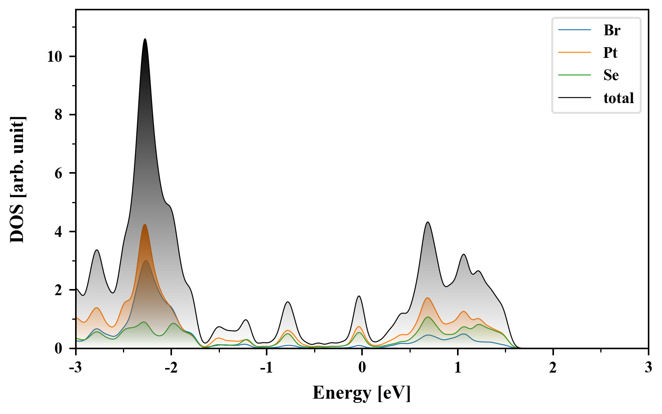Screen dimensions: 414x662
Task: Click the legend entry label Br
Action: pyautogui.click(x=611, y=30)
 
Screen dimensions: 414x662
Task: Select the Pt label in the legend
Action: pyautogui.click(x=610, y=53)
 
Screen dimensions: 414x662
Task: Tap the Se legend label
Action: pyautogui.click(x=611, y=75)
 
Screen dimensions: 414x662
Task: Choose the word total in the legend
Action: pyautogui.click(x=618, y=98)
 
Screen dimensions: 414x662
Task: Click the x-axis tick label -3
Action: pyautogui.click(x=75, y=368)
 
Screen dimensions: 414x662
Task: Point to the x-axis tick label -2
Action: pyautogui.click(x=171, y=368)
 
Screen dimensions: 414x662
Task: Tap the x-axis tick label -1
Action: pyautogui.click(x=266, y=368)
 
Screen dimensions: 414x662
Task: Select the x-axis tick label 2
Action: pyautogui.click(x=552, y=368)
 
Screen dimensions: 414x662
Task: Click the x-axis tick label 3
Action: pyautogui.click(x=648, y=368)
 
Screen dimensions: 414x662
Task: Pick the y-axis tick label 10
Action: pyautogui.click(x=54, y=57)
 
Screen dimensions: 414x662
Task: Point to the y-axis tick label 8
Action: pyautogui.click(x=58, y=115)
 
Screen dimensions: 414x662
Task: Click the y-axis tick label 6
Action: pyautogui.click(x=58, y=174)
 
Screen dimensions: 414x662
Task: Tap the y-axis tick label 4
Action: pyautogui.click(x=58, y=232)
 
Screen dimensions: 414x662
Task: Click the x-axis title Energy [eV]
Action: pyautogui.click(x=361, y=393)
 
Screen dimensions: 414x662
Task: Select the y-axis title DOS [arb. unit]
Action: pyautogui.click(x=17, y=179)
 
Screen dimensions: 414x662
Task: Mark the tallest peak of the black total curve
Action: pyautogui.click(x=145, y=39)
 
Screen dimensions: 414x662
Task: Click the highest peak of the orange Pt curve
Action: pyautogui.click(x=144, y=225)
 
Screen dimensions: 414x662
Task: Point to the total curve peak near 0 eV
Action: pyautogui.click(x=359, y=296)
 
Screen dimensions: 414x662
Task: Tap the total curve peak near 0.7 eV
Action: pyautogui.click(x=428, y=222)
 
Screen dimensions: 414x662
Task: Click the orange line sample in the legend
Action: pyautogui.click(x=574, y=53)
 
